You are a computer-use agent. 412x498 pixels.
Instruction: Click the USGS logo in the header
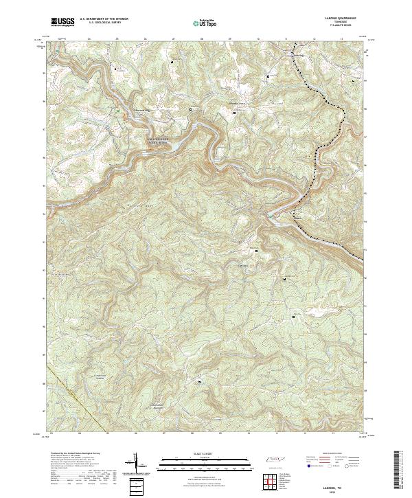(x=63, y=23)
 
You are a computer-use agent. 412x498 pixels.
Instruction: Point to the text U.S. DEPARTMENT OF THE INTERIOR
(x=104, y=19)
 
